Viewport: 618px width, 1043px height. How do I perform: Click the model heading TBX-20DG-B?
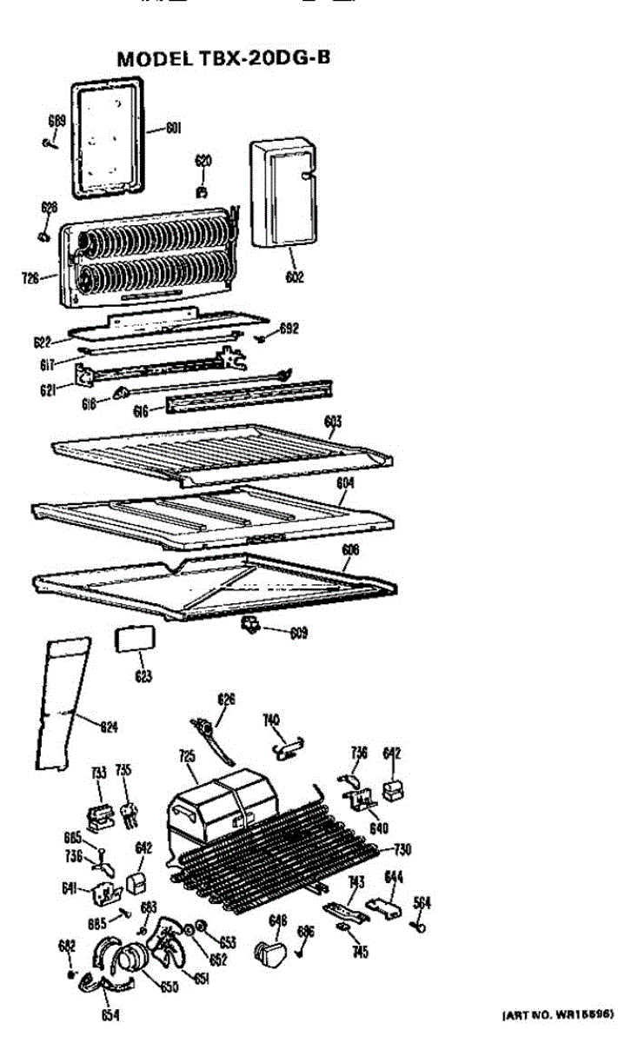click(223, 58)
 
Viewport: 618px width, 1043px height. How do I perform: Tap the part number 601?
click(173, 130)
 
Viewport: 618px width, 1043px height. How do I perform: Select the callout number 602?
click(294, 278)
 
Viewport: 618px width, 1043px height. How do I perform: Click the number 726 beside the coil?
click(31, 279)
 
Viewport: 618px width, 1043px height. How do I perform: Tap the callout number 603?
click(332, 422)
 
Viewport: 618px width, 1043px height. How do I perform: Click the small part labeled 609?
click(251, 624)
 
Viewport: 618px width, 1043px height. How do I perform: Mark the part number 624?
click(108, 727)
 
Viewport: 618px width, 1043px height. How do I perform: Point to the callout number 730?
click(402, 849)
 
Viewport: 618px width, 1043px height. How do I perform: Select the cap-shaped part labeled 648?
click(270, 953)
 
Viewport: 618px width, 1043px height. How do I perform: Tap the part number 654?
click(110, 1014)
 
